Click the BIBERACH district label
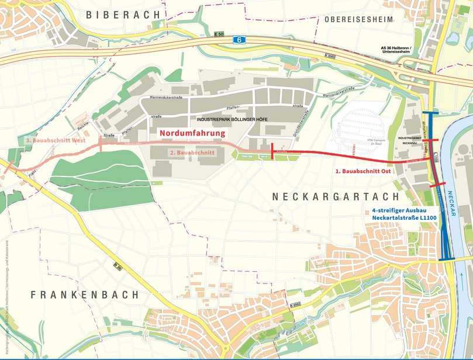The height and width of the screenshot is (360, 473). [x=122, y=15]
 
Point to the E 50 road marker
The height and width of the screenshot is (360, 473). [x=219, y=34]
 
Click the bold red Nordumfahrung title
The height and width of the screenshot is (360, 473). [x=192, y=133]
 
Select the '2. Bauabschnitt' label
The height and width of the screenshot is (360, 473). [x=192, y=153]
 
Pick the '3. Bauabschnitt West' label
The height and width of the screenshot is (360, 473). [x=56, y=140]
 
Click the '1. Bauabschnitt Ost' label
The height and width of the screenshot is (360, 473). [x=362, y=172]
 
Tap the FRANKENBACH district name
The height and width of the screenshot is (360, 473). [x=85, y=295]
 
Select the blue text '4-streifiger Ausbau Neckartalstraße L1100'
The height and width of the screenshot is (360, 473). [x=403, y=213]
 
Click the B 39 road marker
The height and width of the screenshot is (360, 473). [x=119, y=266]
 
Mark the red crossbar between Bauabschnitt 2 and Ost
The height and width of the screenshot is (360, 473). [x=272, y=151]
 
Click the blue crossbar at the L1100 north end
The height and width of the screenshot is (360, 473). [x=431, y=113]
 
